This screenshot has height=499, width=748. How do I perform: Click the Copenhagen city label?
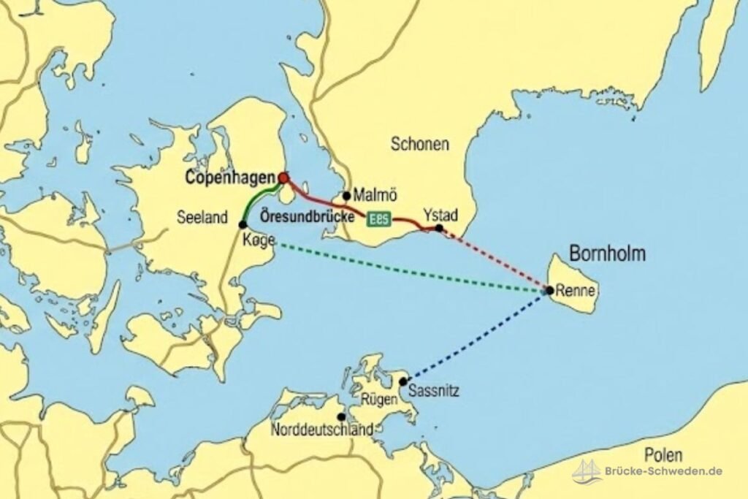tap(229, 177)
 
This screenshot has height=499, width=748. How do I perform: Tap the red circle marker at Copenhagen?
tap(283, 178)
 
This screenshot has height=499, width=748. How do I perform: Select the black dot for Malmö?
tap(346, 196)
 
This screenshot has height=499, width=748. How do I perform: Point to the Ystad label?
tap(440, 215)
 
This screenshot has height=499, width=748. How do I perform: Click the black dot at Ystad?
tap(439, 228)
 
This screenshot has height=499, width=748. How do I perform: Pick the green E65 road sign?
tap(381, 218)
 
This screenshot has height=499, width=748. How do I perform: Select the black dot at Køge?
tap(243, 224)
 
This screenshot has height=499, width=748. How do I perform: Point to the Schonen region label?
tap(419, 144)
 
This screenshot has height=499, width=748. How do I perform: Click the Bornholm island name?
tap(607, 255)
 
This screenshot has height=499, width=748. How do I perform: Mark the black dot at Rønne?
tap(549, 290)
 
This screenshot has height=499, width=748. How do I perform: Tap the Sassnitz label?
tap(434, 391)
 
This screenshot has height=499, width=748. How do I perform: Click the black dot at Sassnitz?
tap(402, 381)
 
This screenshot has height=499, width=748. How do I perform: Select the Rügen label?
tap(379, 400)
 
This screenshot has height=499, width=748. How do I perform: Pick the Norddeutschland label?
tap(322, 430)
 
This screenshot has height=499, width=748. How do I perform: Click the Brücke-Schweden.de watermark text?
tap(663, 471)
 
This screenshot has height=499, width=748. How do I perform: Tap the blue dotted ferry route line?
tap(475, 336)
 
